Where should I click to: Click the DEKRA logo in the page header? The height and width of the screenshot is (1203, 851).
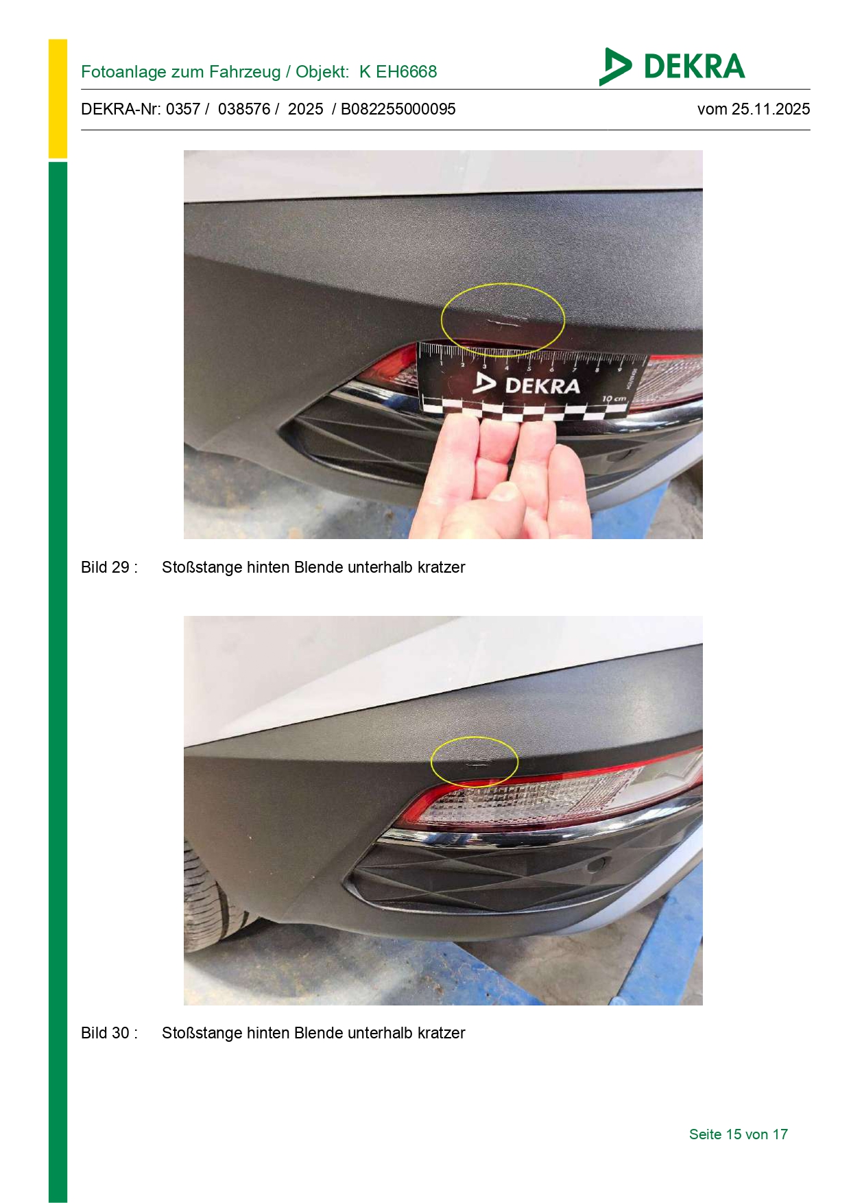pos(671,67)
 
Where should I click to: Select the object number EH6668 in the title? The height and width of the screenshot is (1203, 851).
pos(406,72)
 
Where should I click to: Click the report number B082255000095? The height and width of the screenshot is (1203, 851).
pos(398,109)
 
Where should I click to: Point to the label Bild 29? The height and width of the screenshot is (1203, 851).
pos(109,567)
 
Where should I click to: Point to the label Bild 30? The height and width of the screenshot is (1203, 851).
pos(109,1033)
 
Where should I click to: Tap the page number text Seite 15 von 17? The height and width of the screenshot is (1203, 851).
pos(739,1134)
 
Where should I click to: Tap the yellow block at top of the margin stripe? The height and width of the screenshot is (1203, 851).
pos(58,99)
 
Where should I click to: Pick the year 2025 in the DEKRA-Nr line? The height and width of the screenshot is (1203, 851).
pos(306,109)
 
